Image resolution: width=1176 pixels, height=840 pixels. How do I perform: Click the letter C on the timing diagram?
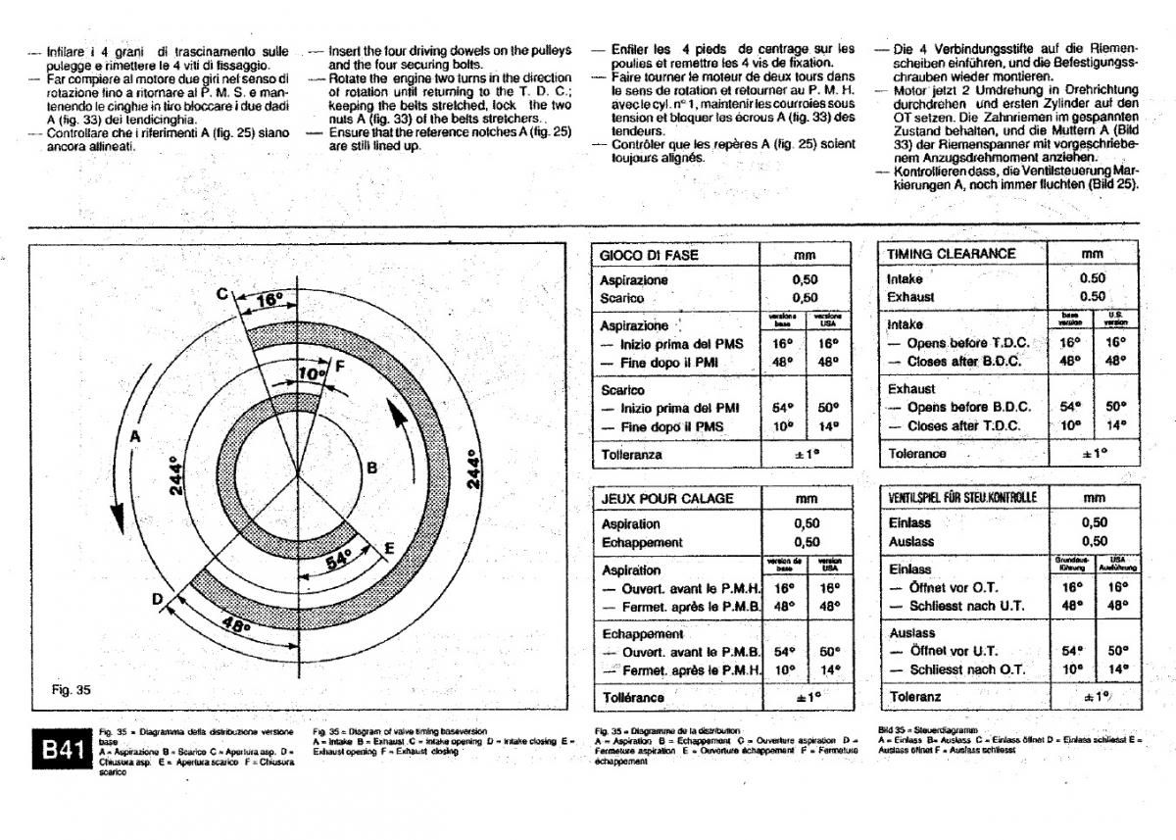223,293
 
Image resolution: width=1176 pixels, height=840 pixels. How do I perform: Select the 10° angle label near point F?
311,374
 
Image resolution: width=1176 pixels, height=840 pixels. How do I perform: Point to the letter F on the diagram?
339,366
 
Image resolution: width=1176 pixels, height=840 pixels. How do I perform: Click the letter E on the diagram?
389,548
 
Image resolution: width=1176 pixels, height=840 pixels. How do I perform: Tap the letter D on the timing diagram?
157,600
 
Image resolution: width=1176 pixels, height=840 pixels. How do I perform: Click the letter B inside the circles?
371,469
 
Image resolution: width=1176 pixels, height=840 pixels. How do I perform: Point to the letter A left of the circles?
136,436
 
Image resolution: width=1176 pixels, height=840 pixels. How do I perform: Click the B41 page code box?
62,750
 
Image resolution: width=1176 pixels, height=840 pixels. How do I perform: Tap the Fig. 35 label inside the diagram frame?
71,690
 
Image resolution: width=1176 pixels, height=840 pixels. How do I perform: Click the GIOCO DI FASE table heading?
649,255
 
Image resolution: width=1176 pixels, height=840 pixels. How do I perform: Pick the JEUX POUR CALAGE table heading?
666,499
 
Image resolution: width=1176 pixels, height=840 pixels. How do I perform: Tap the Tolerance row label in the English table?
917,454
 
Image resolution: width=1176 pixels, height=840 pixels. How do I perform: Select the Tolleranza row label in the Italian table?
631,455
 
